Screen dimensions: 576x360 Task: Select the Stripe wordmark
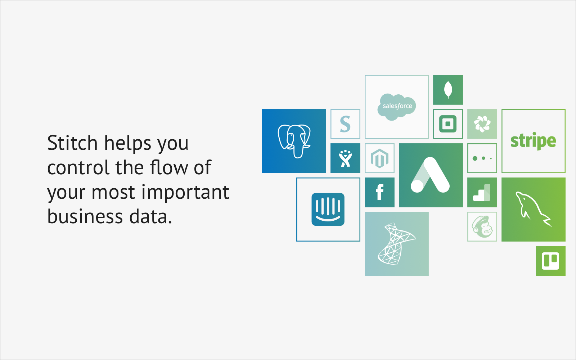coord(533,141)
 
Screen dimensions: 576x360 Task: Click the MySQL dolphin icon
coord(533,209)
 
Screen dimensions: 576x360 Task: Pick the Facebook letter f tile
coord(379,192)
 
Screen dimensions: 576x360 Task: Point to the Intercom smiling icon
coord(328,209)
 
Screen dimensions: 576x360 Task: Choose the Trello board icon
coord(550,261)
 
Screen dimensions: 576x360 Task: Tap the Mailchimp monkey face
coord(482,226)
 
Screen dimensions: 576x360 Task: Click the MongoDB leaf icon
coord(448,90)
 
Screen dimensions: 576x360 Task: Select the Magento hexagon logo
coord(379,158)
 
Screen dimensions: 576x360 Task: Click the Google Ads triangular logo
coord(430,175)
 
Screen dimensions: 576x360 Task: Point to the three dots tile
coord(482,158)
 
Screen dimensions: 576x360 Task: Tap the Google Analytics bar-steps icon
coord(482,192)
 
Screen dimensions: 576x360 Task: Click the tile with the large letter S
coord(345,124)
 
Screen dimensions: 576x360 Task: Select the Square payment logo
coord(448,124)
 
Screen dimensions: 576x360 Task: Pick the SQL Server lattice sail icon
coord(396,244)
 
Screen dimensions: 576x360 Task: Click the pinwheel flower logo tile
coord(482,124)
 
